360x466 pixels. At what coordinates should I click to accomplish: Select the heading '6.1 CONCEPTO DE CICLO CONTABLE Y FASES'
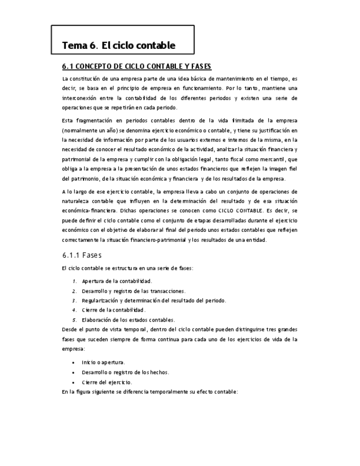point(136,66)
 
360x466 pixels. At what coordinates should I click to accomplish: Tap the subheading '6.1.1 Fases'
point(81,256)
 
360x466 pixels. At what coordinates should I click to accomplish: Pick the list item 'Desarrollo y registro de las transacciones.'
point(134,291)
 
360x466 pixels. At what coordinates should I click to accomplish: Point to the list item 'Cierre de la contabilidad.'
point(113,310)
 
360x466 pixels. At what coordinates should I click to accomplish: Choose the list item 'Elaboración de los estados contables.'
point(128,319)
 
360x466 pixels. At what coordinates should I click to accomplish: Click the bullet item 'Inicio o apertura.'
point(103,363)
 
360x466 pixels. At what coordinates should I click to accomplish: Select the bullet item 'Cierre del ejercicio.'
point(107,382)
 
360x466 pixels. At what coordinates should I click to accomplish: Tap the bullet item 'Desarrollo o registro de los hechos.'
point(125,372)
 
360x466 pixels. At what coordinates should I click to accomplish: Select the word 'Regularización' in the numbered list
point(101,301)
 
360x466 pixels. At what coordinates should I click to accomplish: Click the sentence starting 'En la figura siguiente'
point(149,392)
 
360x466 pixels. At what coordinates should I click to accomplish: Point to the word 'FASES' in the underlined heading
point(201,66)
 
